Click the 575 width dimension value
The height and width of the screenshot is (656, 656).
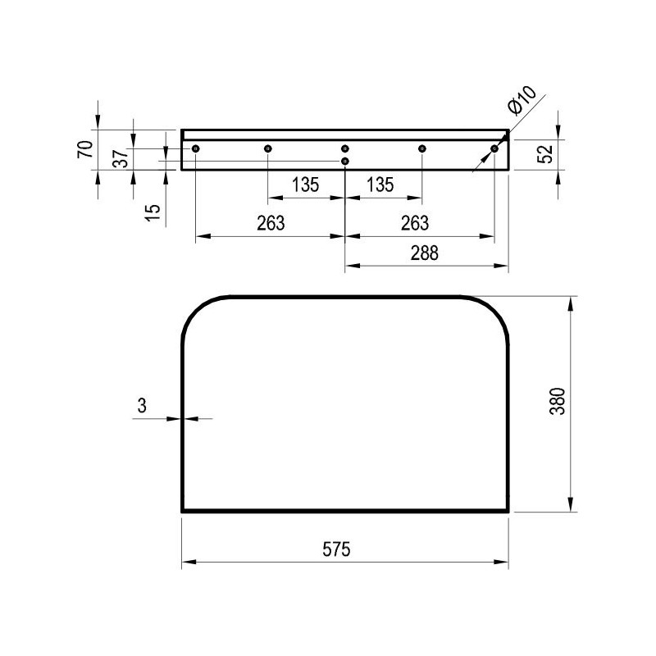(x=336, y=549)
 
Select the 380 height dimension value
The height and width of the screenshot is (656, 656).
(x=558, y=401)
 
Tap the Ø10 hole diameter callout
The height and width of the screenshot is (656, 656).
(x=522, y=100)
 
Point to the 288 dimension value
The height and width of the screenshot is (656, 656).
(x=424, y=253)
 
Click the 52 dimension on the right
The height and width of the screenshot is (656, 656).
(x=545, y=153)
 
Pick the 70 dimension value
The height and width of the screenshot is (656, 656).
(x=85, y=149)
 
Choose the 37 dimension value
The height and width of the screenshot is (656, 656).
(x=121, y=158)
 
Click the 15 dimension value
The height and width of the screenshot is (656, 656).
(x=153, y=213)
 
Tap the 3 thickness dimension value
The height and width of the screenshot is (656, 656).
(x=142, y=405)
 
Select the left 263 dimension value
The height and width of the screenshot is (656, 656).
(x=271, y=223)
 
